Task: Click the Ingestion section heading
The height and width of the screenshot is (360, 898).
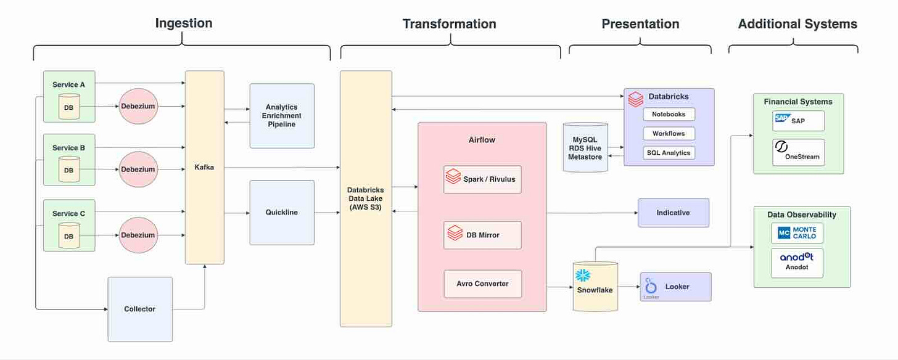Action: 184,23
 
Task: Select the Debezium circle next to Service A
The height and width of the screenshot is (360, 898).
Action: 138,106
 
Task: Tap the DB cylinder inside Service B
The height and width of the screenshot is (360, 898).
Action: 69,169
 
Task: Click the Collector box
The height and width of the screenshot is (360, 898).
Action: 140,309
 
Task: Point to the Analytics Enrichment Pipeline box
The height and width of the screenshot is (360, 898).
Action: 282,116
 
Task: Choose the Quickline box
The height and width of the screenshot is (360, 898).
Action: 282,213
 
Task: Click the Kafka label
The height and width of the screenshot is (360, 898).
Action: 204,167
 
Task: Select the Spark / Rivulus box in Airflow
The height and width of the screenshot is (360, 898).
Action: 482,179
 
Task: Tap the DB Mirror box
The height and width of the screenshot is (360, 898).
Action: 482,235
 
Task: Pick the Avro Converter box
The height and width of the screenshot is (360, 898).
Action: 483,284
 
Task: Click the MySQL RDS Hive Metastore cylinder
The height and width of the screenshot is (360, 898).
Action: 585,147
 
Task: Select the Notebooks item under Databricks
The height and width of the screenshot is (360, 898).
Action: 669,114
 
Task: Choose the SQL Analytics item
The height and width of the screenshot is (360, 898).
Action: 669,153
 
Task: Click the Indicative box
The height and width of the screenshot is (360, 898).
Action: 673,213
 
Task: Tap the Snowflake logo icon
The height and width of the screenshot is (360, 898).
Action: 583,276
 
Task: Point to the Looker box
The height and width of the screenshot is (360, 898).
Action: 676,287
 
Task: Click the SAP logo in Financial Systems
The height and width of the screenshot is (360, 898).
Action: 783,118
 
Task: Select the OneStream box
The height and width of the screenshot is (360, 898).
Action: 799,152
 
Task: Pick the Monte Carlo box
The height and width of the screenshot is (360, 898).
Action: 797,233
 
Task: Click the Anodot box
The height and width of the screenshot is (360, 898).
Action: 797,263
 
